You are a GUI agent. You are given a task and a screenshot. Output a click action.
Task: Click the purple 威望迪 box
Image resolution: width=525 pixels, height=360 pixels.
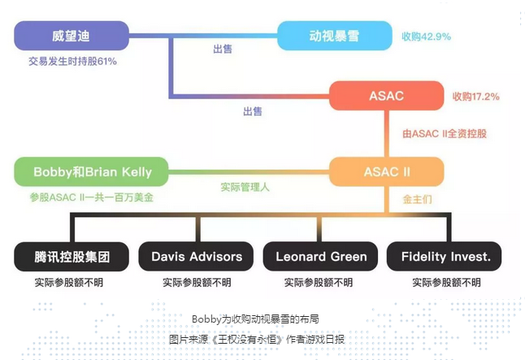72,36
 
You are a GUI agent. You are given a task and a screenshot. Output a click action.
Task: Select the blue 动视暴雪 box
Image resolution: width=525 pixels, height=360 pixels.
335,36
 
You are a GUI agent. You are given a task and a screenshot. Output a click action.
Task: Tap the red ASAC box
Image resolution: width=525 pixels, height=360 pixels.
386,96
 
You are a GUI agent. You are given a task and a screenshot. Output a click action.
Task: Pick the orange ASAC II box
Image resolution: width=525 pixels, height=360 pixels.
386,171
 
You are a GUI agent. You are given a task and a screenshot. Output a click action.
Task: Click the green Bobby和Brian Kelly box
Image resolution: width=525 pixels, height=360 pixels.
91,171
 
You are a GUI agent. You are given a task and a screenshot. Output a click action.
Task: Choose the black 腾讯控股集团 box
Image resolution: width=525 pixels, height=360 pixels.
72,257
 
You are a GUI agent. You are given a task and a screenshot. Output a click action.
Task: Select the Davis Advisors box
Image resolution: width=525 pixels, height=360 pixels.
196,257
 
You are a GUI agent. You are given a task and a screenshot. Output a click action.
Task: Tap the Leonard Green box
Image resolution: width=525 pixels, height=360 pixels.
321,257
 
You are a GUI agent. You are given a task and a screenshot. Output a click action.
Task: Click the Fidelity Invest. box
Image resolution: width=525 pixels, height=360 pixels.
445,257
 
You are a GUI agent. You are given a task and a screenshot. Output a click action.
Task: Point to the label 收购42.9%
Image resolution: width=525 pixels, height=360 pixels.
426,37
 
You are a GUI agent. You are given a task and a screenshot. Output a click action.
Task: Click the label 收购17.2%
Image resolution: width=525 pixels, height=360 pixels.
475,97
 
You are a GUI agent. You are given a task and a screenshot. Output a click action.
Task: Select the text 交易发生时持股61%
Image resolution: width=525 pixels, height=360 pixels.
72,61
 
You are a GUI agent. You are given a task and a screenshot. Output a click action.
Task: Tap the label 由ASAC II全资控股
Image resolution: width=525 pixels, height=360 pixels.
445,133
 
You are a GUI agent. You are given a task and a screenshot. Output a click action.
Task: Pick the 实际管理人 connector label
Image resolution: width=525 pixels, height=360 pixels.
245,187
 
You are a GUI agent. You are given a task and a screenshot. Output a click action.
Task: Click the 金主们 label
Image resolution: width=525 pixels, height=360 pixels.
417,200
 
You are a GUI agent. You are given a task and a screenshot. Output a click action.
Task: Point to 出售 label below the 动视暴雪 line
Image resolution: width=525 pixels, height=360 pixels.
223,50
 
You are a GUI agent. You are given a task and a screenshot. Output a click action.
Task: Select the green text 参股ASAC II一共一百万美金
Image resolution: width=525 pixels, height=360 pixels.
92,197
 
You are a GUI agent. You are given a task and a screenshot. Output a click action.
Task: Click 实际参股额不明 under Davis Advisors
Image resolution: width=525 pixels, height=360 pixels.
197,283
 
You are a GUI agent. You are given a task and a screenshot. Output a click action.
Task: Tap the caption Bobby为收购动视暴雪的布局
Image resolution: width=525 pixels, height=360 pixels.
255,319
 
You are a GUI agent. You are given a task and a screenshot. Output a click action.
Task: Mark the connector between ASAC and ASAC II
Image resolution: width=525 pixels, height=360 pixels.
386,133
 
